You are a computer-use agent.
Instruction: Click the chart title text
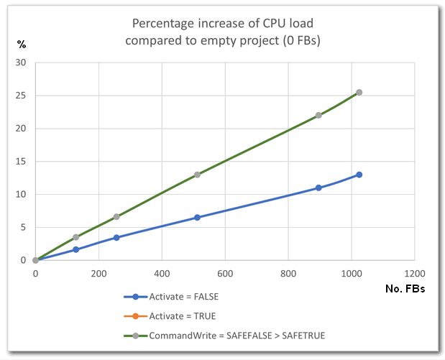(223, 32)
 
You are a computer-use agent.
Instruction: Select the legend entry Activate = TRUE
(182, 315)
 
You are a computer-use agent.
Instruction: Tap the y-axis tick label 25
(20, 96)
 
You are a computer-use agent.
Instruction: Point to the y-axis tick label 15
(20, 162)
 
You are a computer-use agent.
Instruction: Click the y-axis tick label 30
(20, 63)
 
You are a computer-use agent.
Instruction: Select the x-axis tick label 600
(225, 273)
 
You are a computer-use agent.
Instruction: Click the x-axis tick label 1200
(415, 273)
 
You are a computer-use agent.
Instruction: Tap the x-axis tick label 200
(98, 273)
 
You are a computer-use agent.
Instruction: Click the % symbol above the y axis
(22, 45)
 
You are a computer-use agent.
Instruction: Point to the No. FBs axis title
(406, 290)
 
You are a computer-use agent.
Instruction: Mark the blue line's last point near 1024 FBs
(359, 175)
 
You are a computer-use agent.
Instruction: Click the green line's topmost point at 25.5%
(359, 93)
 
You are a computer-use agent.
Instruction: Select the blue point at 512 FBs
(197, 217)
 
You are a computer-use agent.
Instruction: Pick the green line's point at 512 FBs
(197, 175)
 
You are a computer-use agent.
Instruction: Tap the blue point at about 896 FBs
(318, 188)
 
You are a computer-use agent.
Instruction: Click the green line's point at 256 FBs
(116, 216)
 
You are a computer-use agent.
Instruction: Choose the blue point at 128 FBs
(75, 249)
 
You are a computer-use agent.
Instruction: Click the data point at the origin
(35, 260)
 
